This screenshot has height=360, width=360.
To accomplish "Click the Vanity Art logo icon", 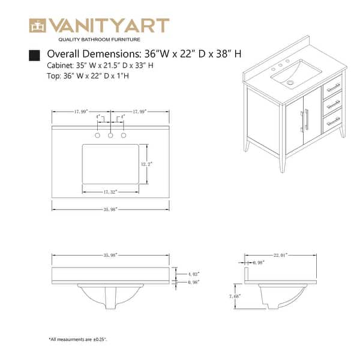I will (38, 26).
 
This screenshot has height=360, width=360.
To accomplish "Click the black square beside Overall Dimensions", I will (35, 55).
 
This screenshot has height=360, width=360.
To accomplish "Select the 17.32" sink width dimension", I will (109, 191).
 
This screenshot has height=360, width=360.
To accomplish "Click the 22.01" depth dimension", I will (279, 255).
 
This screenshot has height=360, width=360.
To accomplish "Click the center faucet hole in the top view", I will (110, 136).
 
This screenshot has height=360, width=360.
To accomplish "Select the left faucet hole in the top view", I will (98, 136).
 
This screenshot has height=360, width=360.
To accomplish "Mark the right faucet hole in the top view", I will (124, 136).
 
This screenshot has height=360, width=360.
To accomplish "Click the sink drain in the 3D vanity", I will (290, 82).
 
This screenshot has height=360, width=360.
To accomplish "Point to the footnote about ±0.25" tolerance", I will (78, 340).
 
